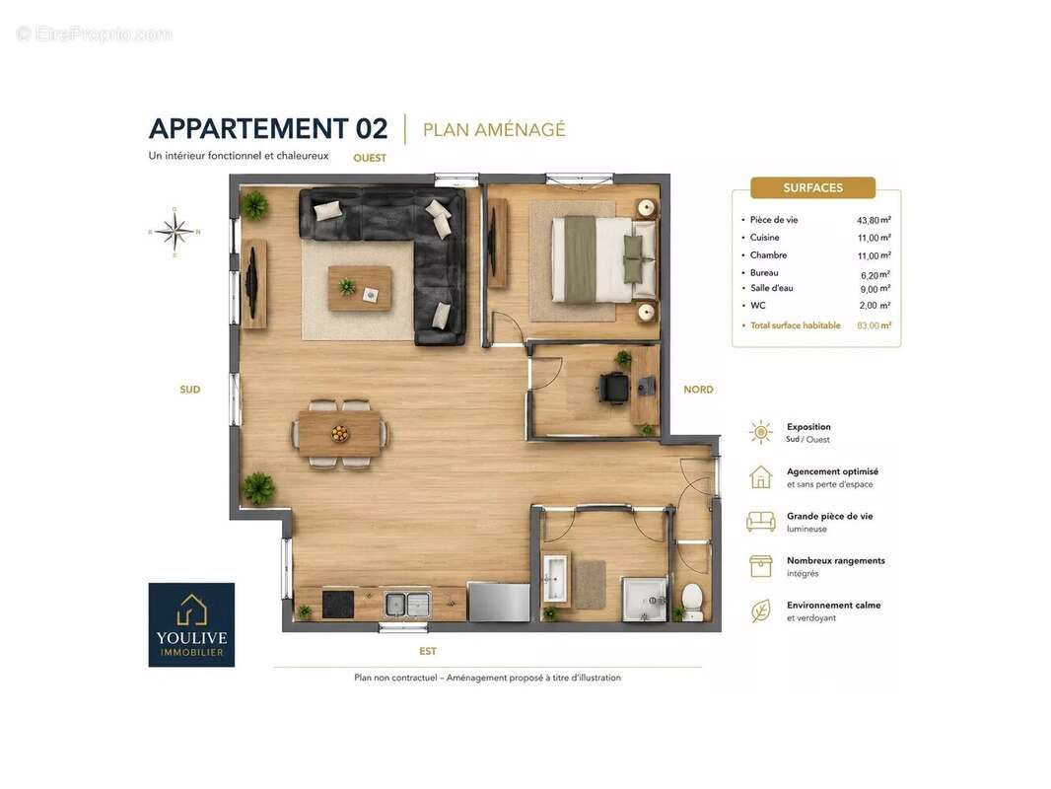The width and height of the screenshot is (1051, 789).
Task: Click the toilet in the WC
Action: tap(692, 601)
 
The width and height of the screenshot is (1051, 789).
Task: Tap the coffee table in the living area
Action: tap(360, 288)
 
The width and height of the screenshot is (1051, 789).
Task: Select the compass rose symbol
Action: tap(175, 232)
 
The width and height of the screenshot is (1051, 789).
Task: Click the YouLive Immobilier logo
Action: tap(191, 624)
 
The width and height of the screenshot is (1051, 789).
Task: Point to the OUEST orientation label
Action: tap(370, 158)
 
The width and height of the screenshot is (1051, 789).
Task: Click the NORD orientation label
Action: tap(698, 390)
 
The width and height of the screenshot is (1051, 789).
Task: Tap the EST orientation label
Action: tap(428, 651)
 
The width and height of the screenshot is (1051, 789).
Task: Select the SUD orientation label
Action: tap(189, 390)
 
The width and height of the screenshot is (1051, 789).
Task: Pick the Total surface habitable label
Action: tap(795, 325)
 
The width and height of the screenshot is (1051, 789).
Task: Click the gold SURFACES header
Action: tap(813, 187)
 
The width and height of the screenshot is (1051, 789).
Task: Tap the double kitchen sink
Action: tap(407, 604)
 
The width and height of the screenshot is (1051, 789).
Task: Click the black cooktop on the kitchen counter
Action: tap(338, 604)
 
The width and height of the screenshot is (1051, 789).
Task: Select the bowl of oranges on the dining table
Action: tap(340, 434)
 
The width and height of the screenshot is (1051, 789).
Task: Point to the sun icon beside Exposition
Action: tap(761, 432)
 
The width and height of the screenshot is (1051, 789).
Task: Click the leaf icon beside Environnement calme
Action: tap(761, 610)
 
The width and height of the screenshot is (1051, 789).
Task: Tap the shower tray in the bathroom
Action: tap(645, 600)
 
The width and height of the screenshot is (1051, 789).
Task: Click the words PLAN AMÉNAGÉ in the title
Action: tap(494, 129)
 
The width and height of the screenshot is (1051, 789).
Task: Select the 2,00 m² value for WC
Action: tap(875, 306)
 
